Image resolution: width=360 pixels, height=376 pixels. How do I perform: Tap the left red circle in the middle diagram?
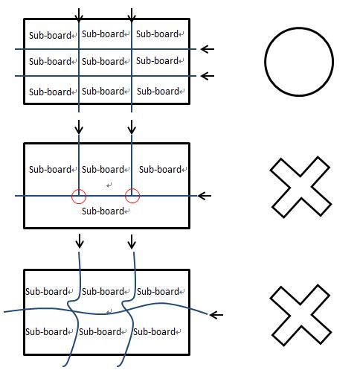click(x=71, y=196)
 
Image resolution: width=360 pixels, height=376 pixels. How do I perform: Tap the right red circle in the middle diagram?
click(x=125, y=196)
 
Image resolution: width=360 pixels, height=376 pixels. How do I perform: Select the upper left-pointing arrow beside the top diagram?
click(x=208, y=49)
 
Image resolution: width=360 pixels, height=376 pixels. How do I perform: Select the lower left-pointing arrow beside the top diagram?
click(x=208, y=76)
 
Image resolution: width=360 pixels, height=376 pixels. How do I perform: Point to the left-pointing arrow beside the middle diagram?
click(x=205, y=196)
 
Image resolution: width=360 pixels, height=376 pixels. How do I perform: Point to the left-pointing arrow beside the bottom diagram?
click(x=216, y=315)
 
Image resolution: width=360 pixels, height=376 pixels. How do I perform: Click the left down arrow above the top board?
click(x=79, y=15)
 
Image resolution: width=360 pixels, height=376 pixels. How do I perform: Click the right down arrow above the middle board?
click(x=132, y=127)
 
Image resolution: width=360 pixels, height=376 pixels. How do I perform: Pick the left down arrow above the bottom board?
click(x=80, y=241)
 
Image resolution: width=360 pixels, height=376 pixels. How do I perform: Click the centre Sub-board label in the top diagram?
click(x=103, y=61)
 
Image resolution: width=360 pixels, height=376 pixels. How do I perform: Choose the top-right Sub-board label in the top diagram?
click(x=157, y=34)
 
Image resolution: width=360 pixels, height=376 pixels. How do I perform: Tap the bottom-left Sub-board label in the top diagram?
click(x=50, y=92)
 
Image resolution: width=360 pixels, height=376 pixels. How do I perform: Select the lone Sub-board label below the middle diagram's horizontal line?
click(x=103, y=211)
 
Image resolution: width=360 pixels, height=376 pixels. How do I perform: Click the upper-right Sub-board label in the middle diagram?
click(x=160, y=169)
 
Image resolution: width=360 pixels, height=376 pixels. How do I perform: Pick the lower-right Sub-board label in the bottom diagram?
click(x=154, y=331)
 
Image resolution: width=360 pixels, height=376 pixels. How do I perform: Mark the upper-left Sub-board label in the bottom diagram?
click(x=46, y=291)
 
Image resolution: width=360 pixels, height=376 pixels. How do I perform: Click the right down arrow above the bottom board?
click(x=132, y=241)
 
